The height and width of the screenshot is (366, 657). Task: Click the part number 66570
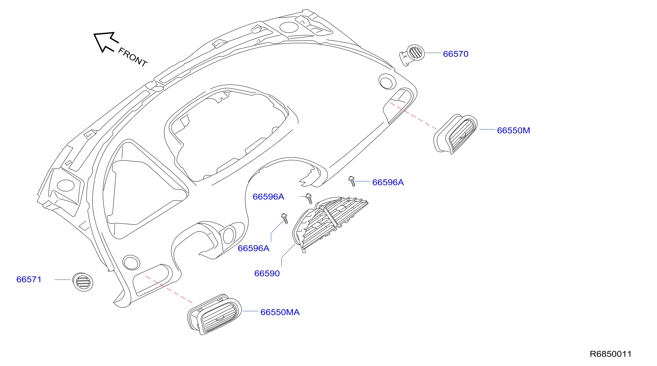[x=456, y=54]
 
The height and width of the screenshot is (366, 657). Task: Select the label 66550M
[x=513, y=130]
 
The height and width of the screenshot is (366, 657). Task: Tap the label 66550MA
[x=280, y=312]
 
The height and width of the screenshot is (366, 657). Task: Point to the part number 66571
[x=29, y=279]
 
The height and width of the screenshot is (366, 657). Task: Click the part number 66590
[x=267, y=274]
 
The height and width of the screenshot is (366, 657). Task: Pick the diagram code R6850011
[x=611, y=354]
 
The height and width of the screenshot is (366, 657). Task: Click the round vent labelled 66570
[x=412, y=55]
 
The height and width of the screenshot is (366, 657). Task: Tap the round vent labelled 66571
[x=83, y=282]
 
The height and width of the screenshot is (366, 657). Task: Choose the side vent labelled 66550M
[x=455, y=134]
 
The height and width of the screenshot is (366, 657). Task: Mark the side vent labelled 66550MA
[x=214, y=314]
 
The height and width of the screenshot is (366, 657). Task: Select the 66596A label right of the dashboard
[x=388, y=182]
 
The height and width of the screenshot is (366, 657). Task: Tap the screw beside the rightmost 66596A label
[x=352, y=181]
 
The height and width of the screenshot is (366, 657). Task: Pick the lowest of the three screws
[x=285, y=219]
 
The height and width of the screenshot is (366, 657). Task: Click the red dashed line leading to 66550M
[x=413, y=116]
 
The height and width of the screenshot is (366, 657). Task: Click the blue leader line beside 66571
[x=62, y=279]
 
